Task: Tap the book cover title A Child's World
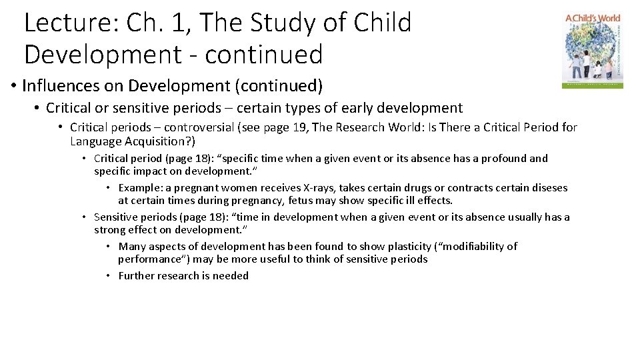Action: point(593,19)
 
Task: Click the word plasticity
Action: point(405,247)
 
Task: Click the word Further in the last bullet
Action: point(137,276)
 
